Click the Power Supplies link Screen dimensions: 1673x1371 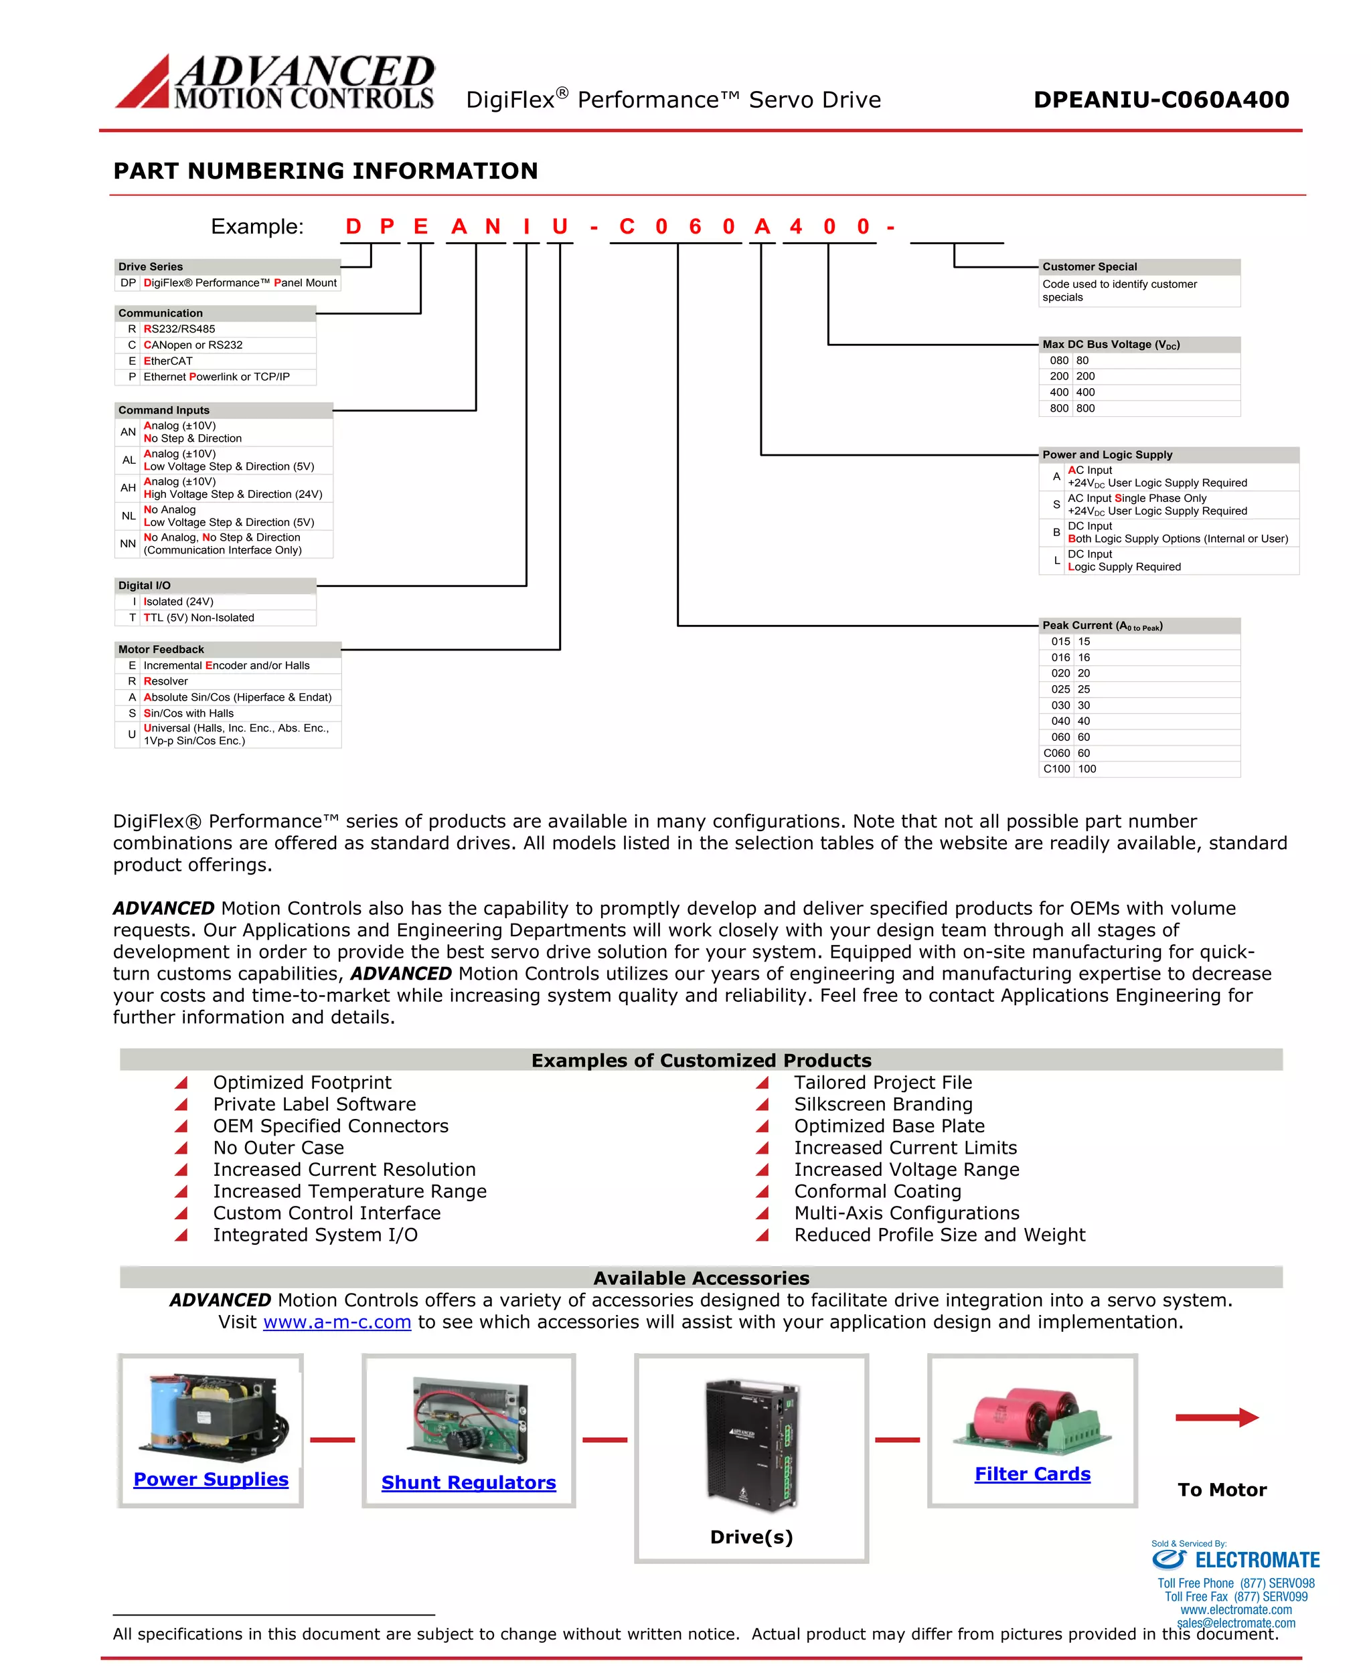tap(211, 1479)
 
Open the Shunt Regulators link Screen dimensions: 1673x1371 tap(469, 1482)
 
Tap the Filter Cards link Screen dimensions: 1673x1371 tap(1032, 1474)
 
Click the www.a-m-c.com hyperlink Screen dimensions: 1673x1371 tap(337, 1322)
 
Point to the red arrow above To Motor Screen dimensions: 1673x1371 tap(1216, 1417)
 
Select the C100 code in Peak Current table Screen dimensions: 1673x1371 tap(1056, 769)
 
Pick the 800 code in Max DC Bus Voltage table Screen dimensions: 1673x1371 tap(1058, 408)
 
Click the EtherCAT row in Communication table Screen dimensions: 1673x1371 tap(168, 361)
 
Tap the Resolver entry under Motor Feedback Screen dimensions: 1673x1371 tap(166, 681)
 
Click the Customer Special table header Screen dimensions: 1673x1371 tap(1090, 267)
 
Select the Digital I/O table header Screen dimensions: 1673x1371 tap(145, 586)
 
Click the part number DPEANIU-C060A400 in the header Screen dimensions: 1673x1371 tap(1161, 100)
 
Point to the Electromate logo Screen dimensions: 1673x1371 tap(1235, 1559)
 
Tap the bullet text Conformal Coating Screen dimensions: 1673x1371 tap(878, 1191)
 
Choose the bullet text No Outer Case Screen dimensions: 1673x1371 tap(278, 1148)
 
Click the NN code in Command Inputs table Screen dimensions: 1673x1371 tap(128, 544)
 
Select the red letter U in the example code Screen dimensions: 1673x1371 tap(560, 228)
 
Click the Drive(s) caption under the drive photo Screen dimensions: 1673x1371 tap(751, 1536)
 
